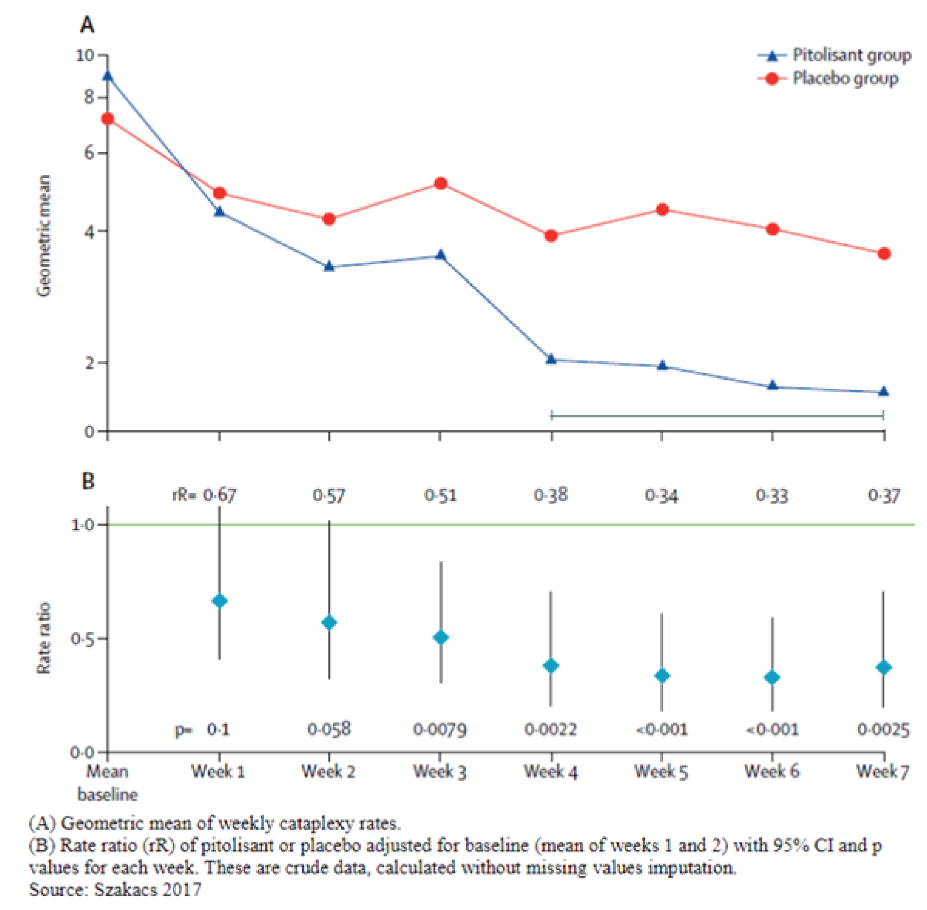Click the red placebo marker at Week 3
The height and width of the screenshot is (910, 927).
tap(440, 184)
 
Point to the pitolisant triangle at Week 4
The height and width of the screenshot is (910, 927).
tap(551, 360)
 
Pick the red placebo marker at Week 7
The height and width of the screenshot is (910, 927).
tap(883, 254)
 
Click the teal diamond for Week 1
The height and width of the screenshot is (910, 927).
tap(219, 601)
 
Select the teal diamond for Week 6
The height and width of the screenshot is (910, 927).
tap(772, 677)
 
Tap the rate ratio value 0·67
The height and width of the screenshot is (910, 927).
tap(219, 495)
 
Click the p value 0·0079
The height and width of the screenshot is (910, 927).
tap(440, 729)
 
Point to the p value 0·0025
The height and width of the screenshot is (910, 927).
tap(883, 729)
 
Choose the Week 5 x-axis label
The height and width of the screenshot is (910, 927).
tap(661, 772)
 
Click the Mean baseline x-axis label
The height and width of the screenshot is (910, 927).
tap(107, 783)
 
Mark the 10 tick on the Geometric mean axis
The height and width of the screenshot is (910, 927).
tap(85, 56)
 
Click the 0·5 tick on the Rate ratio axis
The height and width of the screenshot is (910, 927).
tap(82, 639)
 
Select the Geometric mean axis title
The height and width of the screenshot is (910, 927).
tap(44, 236)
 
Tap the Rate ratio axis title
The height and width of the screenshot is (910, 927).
tap(44, 638)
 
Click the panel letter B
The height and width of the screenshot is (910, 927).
tap(88, 481)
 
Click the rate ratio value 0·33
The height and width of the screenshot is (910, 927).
tap(772, 496)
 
